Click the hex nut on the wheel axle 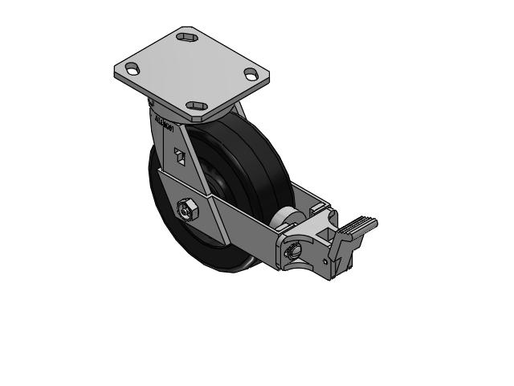(186, 211)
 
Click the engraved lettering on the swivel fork (165, 125)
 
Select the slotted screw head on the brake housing (292, 251)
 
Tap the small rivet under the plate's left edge (149, 102)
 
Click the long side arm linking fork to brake (241, 214)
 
